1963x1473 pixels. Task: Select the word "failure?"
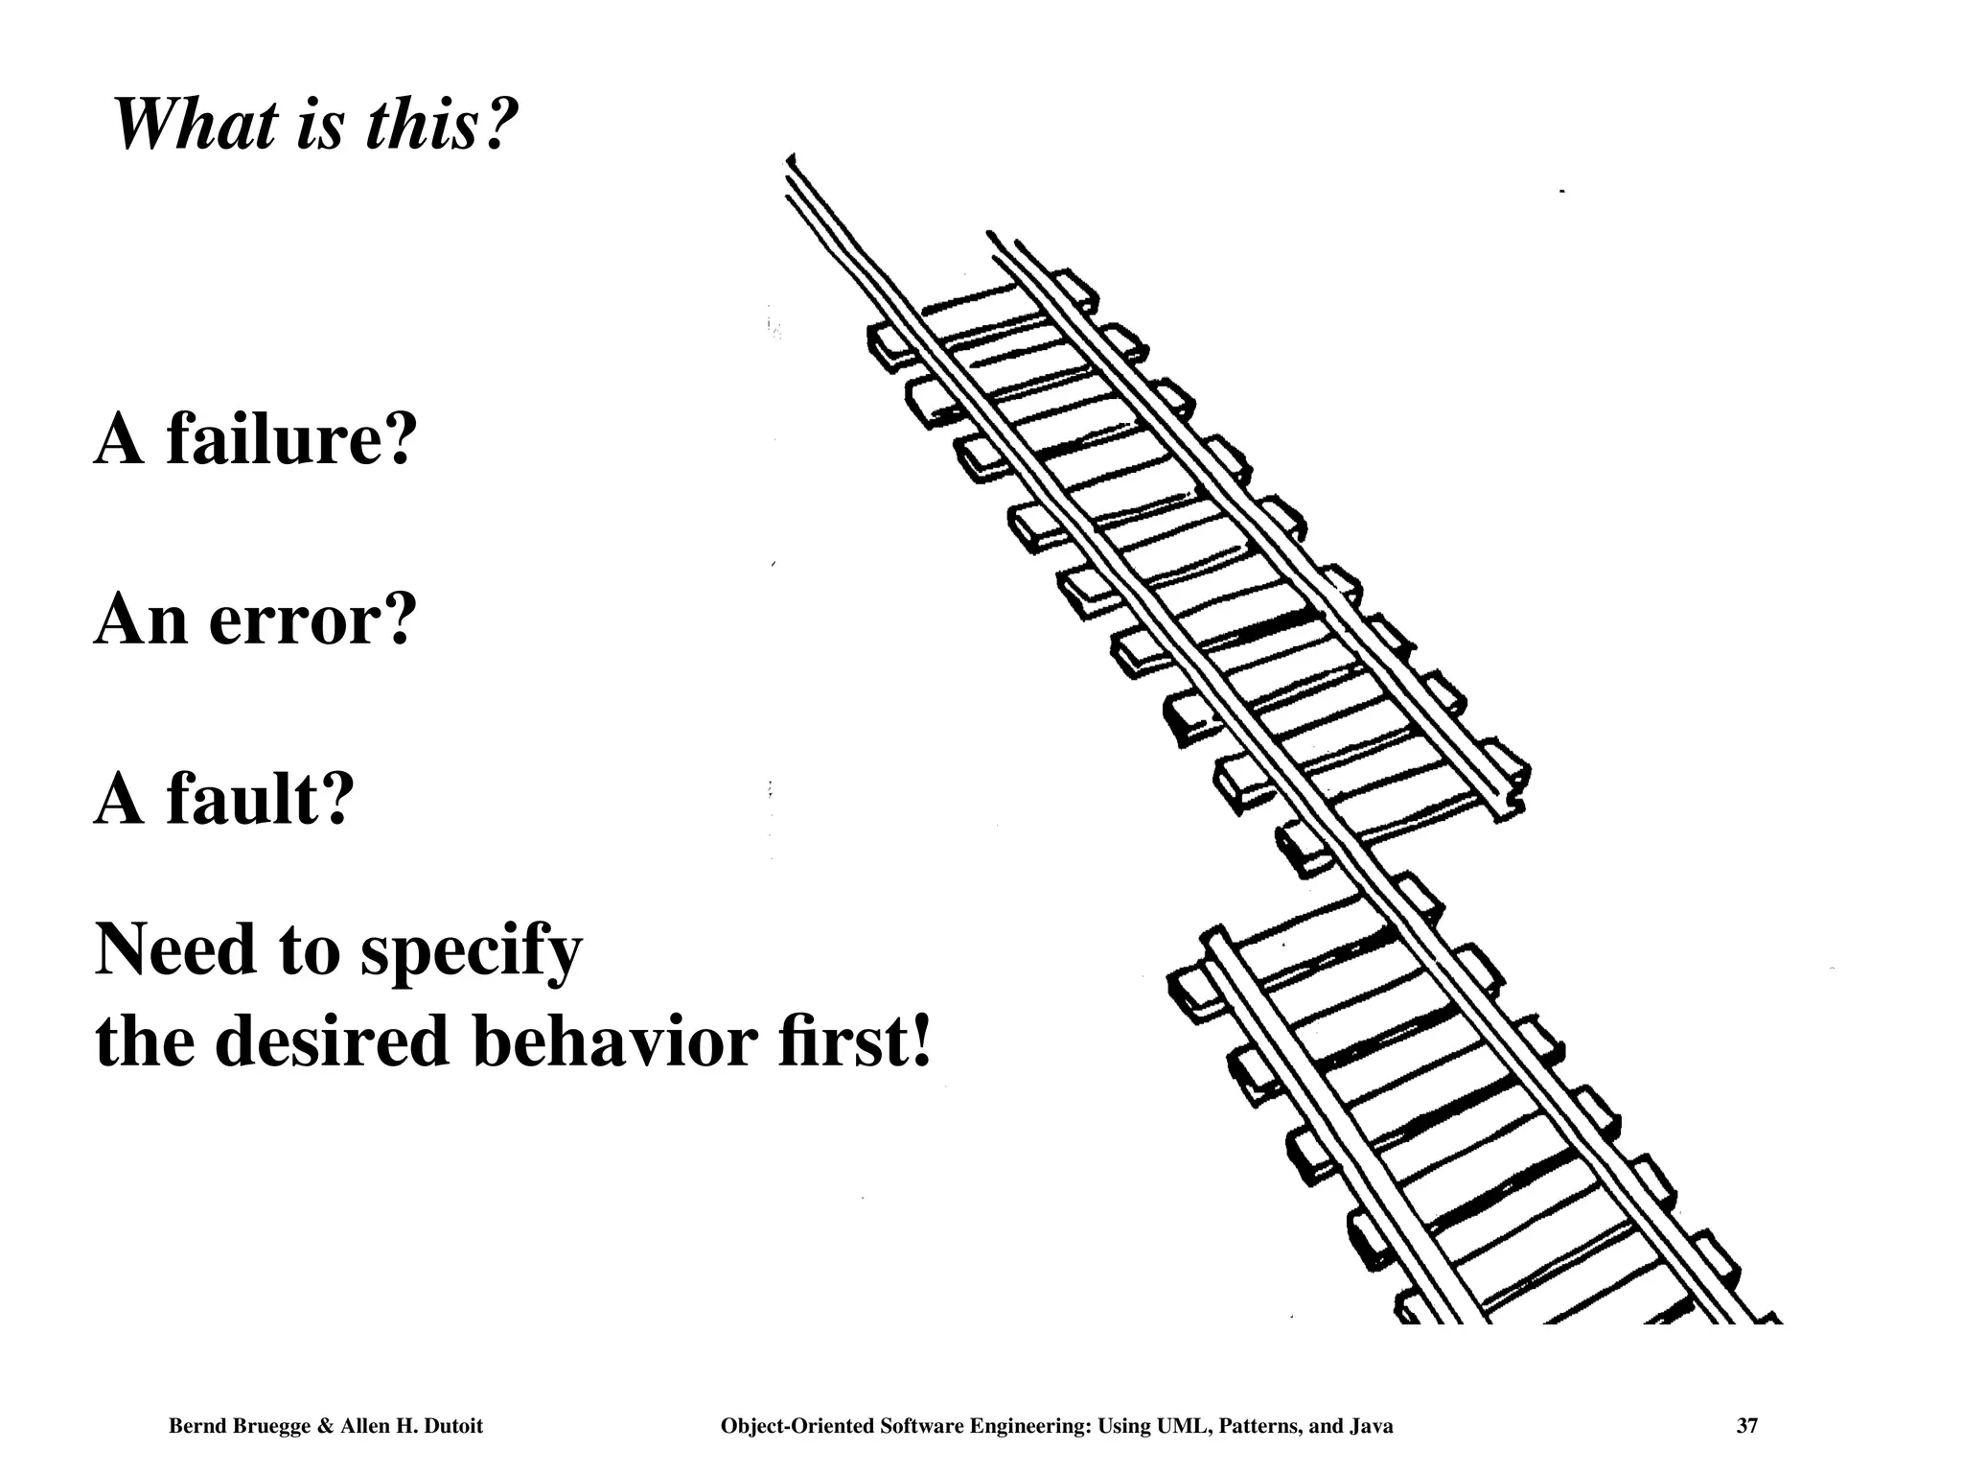291,440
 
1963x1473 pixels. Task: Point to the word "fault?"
260,799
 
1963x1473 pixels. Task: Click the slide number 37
1746,1426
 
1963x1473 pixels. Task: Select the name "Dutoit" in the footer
450,1426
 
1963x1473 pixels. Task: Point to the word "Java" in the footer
1371,1426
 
